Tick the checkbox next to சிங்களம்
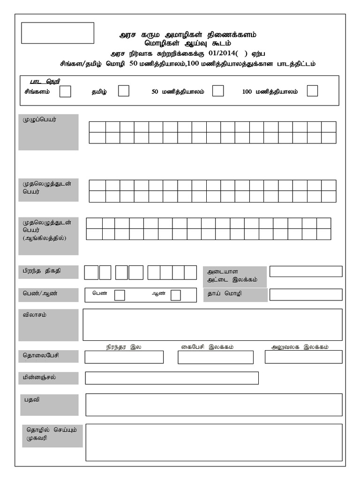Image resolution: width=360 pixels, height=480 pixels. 66,91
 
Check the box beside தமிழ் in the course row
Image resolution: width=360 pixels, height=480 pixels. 124,91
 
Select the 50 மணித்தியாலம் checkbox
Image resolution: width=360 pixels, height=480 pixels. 218,91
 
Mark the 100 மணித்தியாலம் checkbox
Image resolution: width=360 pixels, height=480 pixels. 313,91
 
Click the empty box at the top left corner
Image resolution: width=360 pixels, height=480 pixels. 58,33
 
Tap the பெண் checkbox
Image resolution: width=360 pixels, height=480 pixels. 120,295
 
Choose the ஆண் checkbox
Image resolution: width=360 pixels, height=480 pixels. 176,295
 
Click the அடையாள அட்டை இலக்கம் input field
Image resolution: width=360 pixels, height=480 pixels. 306,271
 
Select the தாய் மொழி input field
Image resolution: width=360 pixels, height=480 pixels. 306,294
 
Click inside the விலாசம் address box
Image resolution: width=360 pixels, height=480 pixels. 212,324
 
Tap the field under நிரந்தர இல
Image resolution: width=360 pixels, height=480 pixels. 124,357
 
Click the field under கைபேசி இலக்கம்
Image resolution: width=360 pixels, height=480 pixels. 216,357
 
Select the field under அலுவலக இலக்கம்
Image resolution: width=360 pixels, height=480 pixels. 303,357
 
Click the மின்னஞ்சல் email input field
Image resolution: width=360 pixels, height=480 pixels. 172,378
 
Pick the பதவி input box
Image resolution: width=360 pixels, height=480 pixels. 214,405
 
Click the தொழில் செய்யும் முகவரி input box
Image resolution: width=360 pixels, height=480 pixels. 214,442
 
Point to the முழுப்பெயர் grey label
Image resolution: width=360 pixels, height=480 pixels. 48,132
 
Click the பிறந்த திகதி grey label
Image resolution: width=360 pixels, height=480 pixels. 48,272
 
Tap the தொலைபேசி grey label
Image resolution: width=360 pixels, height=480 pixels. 48,357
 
